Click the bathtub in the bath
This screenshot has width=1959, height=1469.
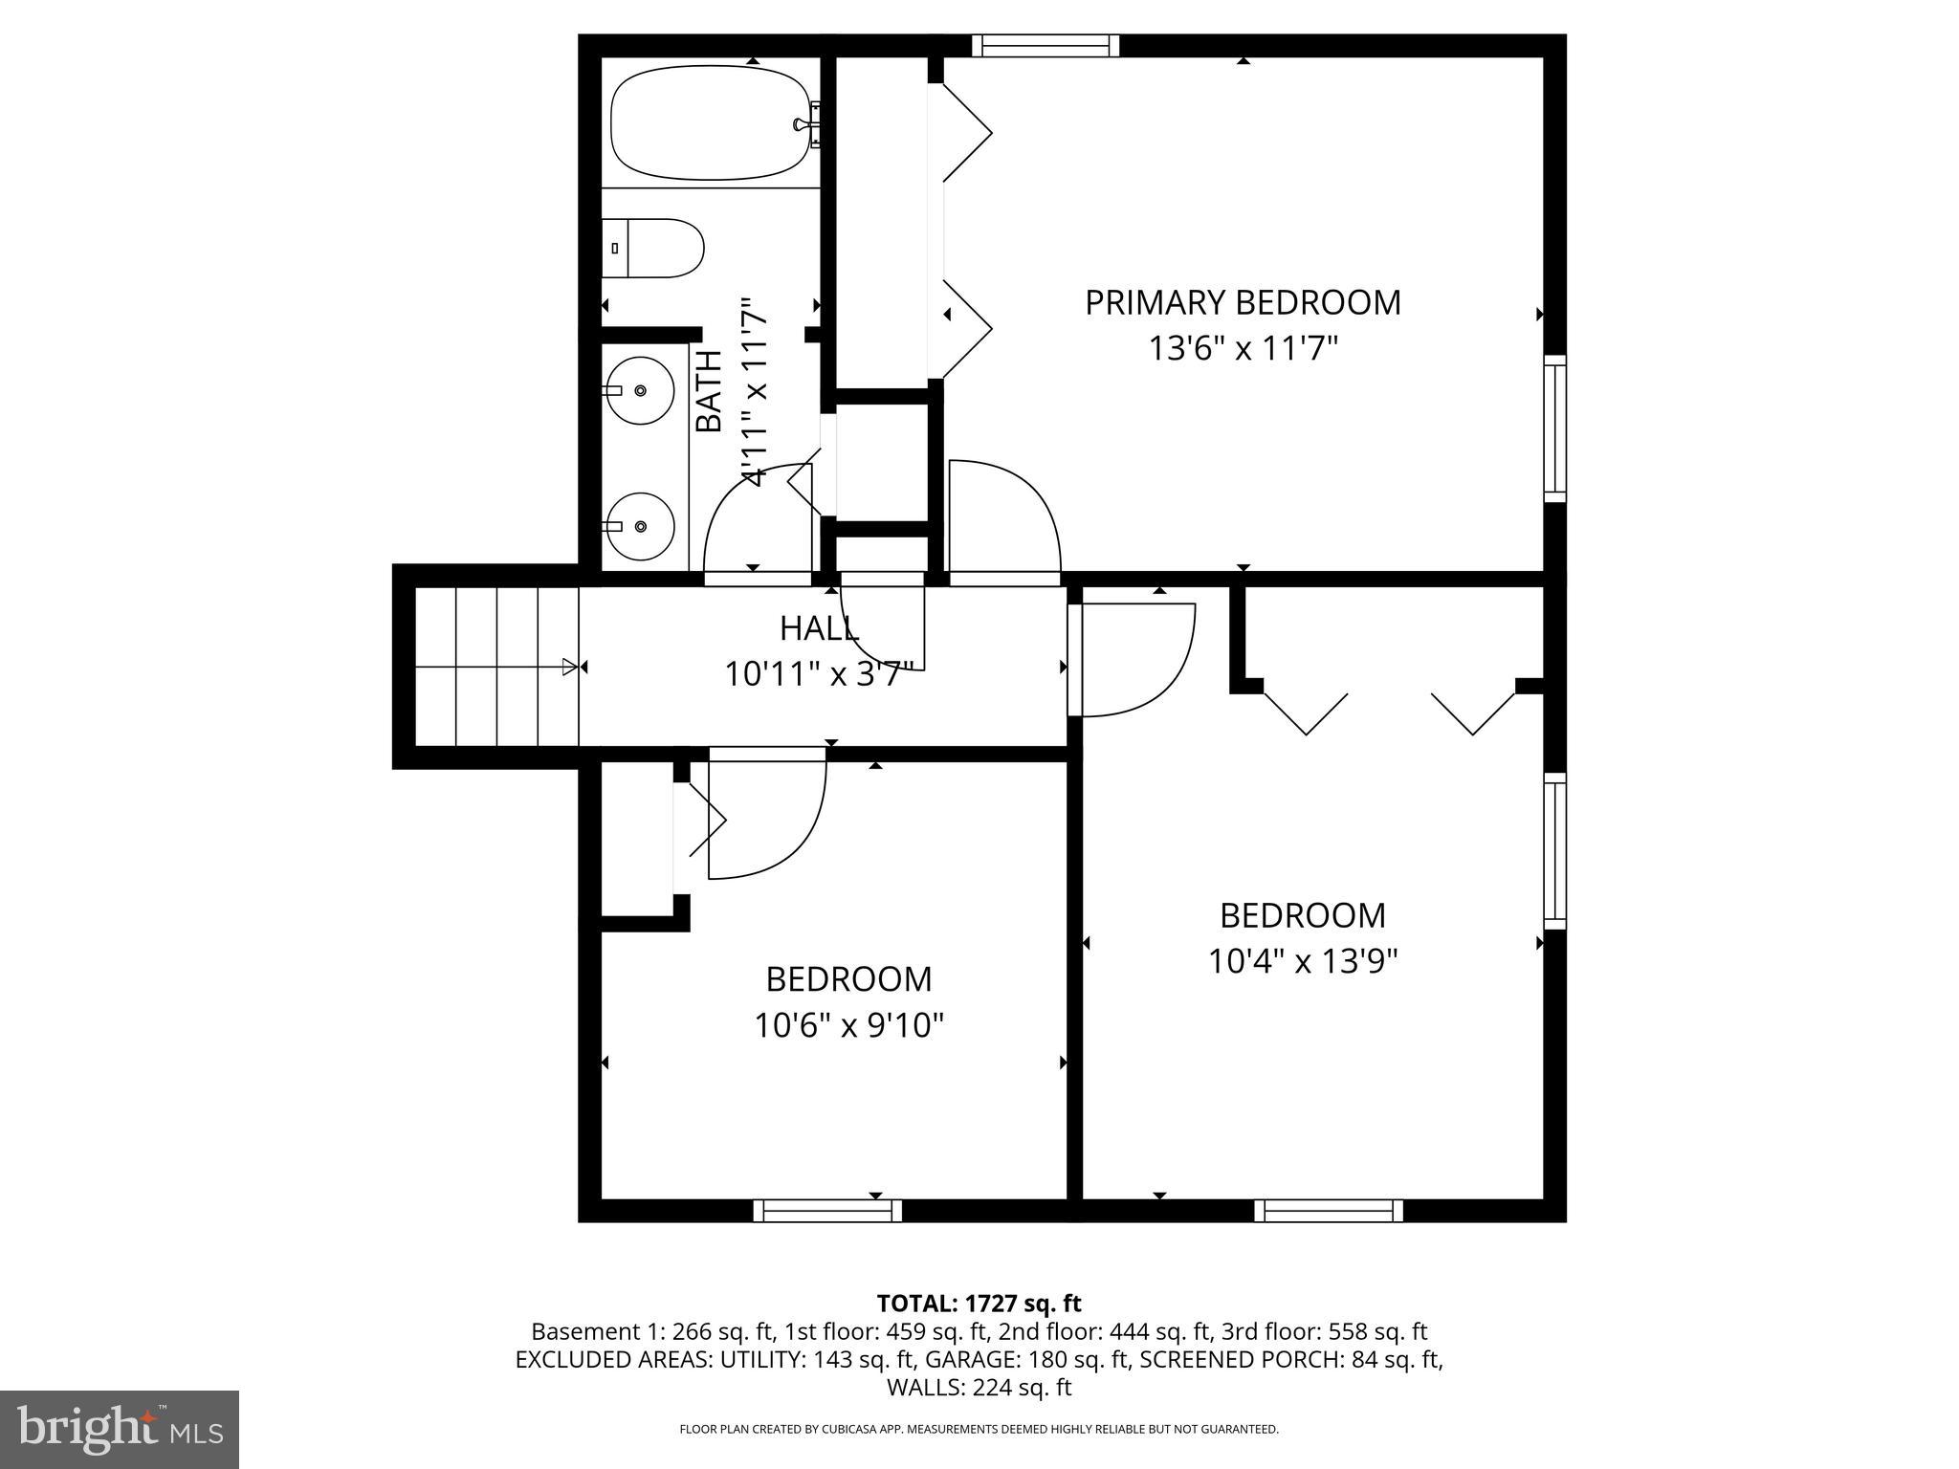pos(709,121)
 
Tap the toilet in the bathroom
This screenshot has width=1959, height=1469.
pos(655,249)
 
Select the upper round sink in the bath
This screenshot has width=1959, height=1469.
pos(639,390)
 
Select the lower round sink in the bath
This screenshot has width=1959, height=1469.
pos(639,526)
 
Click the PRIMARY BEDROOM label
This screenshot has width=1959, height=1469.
pos(1243,302)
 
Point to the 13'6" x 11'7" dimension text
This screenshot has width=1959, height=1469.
pos(1242,348)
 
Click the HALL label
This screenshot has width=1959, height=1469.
pos(819,628)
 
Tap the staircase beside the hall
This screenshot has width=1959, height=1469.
pos(497,666)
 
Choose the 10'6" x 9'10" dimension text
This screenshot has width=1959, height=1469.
pos(848,1025)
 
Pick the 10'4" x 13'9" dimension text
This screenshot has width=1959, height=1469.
pos(1303,960)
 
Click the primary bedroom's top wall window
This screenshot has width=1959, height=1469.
pos(1046,45)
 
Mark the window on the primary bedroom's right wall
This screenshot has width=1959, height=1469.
pos(1555,428)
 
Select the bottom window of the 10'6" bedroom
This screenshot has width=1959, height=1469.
pos(828,1211)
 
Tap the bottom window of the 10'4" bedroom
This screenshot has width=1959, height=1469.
pos(1329,1211)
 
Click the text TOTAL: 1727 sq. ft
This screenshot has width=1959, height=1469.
pos(979,1303)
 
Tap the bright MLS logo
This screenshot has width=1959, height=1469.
pos(120,1429)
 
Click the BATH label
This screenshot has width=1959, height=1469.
pos(709,392)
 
